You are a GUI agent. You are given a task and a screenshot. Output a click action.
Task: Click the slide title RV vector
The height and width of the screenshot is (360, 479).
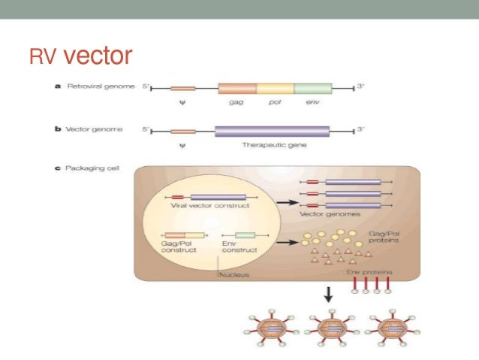pyautogui.click(x=80, y=56)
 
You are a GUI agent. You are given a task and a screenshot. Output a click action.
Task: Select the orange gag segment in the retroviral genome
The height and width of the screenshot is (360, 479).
pyautogui.click(x=236, y=88)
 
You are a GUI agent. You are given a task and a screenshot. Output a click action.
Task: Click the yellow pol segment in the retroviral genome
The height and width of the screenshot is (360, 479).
pyautogui.click(x=275, y=88)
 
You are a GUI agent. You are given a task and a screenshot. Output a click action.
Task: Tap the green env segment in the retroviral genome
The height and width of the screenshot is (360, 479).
pyautogui.click(x=312, y=88)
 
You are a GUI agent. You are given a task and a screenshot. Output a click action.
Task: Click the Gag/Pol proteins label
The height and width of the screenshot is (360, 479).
pyautogui.click(x=388, y=239)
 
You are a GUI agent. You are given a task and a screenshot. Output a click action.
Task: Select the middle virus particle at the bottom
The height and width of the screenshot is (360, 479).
pyautogui.click(x=327, y=329)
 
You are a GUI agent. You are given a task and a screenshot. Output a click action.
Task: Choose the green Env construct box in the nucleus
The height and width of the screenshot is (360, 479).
pyautogui.click(x=245, y=235)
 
